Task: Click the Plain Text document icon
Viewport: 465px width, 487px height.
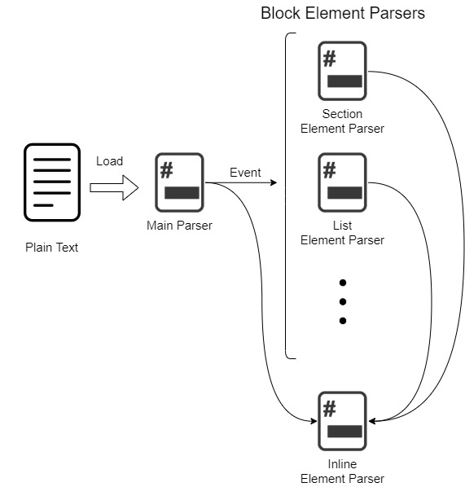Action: (52, 182)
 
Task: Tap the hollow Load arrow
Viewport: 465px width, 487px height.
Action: (114, 187)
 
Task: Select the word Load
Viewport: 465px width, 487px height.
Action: (110, 161)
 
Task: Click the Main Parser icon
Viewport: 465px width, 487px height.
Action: (179, 182)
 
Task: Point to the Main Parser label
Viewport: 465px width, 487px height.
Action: (179, 226)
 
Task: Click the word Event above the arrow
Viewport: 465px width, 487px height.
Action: (245, 173)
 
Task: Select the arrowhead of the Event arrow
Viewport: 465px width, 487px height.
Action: (274, 182)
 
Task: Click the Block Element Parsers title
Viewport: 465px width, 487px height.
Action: (343, 13)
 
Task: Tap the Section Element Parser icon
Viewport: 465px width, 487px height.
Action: (342, 71)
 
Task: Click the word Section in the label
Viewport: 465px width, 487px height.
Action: (342, 114)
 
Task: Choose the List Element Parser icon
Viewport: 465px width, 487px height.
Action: (342, 182)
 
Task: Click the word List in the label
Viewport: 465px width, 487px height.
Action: (342, 226)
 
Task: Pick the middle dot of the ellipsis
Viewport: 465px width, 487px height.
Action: (343, 301)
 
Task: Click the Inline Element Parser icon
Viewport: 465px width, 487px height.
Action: (342, 421)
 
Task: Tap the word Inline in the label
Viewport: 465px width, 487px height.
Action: (342, 464)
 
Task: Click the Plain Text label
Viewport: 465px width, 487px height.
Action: (51, 248)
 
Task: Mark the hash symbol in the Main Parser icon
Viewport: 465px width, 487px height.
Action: (166, 170)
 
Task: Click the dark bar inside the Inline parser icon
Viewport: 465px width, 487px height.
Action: (344, 432)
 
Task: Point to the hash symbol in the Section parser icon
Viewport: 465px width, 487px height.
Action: (330, 59)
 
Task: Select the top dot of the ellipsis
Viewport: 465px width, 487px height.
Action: (343, 283)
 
